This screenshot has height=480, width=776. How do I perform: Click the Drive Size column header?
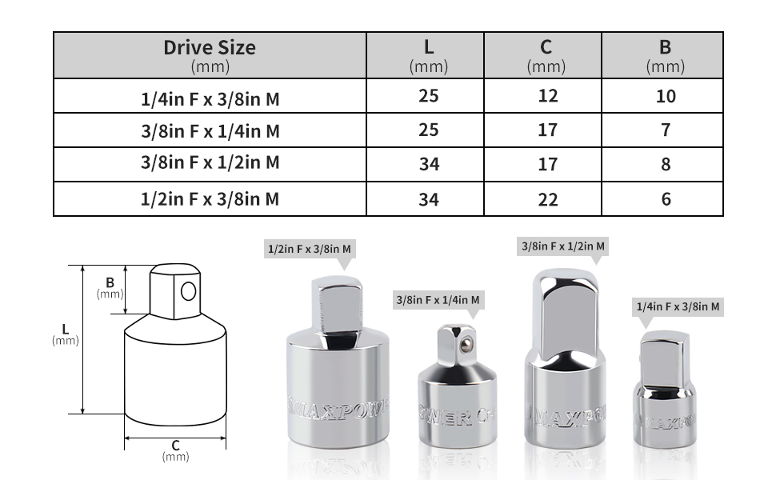[210, 47]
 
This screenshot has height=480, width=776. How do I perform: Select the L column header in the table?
[429, 47]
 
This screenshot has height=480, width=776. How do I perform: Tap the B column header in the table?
[665, 47]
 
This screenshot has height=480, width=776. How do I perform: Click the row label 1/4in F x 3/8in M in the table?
[210, 99]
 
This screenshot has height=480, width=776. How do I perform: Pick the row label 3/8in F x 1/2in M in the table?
[210, 163]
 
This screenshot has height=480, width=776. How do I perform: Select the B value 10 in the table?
[665, 96]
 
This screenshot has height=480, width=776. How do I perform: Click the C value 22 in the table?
[547, 199]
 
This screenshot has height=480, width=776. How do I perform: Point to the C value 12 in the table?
[547, 96]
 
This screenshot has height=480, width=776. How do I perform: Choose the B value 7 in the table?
[665, 130]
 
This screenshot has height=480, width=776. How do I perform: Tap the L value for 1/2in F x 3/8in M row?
[429, 199]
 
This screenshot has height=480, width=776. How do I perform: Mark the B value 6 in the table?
[665, 199]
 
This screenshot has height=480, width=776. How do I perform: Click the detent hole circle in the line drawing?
[188, 291]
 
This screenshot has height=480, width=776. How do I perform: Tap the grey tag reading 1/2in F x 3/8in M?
[309, 249]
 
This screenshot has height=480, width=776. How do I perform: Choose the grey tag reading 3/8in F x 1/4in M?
[438, 300]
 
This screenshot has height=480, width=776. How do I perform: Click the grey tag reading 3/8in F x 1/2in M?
[562, 246]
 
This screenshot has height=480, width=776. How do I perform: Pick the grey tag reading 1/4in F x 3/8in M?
[678, 306]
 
